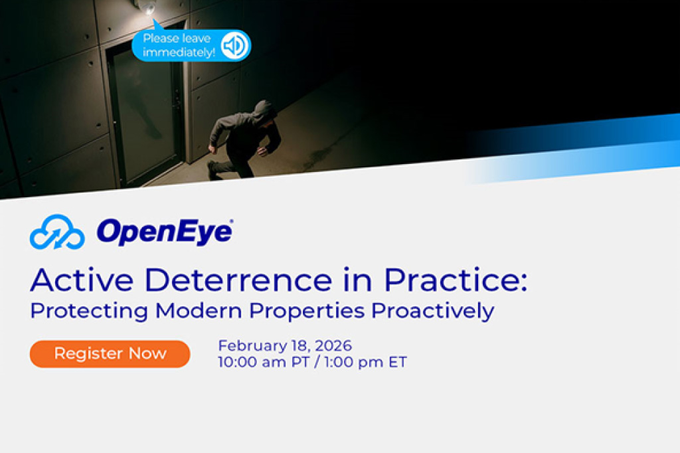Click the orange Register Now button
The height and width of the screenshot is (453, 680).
(110, 353)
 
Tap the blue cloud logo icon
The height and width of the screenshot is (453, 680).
(57, 232)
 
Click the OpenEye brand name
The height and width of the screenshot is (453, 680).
(165, 232)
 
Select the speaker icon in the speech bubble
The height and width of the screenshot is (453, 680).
(234, 45)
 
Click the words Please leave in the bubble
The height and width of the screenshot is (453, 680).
(177, 38)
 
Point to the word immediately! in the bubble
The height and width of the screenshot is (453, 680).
(179, 52)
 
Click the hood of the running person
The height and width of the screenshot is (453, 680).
(264, 112)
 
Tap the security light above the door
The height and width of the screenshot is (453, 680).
(146, 7)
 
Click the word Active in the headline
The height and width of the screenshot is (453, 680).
(82, 280)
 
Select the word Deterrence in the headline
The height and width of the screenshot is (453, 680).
(240, 280)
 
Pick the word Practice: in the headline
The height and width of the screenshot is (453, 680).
(456, 280)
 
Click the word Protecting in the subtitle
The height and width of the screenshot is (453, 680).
(89, 311)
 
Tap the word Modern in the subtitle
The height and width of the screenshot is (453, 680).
(199, 311)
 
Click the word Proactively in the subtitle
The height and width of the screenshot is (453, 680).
(433, 311)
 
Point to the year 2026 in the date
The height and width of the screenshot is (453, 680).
(333, 346)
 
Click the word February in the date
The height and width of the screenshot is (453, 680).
(252, 346)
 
